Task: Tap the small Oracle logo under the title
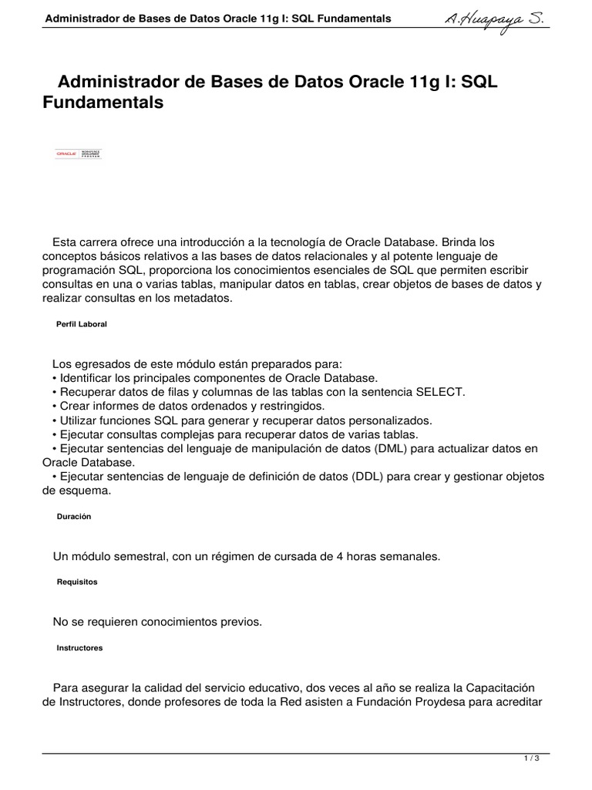tap(78, 154)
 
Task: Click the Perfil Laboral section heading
tap(82, 325)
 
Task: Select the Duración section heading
tap(74, 517)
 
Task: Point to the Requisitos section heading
tap(77, 582)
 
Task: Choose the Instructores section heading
tap(79, 648)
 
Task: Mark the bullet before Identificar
tap(55, 378)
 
